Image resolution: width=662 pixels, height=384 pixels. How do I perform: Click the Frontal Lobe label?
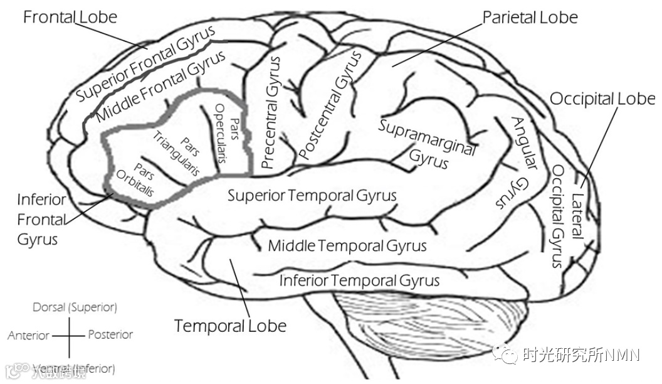tap(70, 16)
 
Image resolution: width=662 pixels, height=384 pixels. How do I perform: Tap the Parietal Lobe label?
tap(529, 17)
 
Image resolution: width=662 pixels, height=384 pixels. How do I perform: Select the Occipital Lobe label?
tap(602, 99)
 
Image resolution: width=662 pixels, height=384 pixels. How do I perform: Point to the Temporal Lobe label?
tap(230, 326)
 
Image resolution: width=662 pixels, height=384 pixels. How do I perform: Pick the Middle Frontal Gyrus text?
tap(161, 87)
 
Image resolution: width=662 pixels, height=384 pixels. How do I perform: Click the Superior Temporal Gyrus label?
tap(312, 195)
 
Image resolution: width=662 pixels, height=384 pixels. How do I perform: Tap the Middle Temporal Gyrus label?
tap(347, 245)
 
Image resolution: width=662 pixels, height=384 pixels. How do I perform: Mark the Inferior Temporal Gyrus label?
tap(359, 280)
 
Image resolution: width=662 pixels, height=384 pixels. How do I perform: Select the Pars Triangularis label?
tap(177, 153)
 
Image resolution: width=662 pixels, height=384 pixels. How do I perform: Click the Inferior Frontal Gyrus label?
tap(41, 220)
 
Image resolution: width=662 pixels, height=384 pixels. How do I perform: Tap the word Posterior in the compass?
tap(110, 334)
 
